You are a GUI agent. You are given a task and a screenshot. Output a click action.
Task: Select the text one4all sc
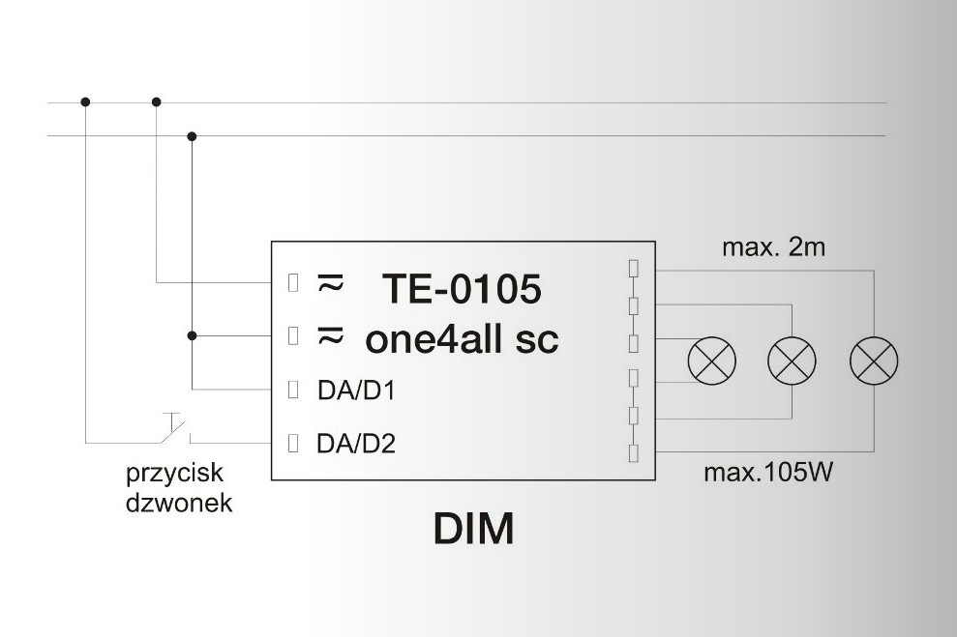click(x=462, y=339)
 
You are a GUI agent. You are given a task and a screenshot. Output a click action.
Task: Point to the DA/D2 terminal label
click(x=355, y=445)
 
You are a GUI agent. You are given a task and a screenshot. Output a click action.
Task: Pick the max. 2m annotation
click(x=773, y=248)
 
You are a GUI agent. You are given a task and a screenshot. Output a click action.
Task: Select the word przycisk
click(x=175, y=475)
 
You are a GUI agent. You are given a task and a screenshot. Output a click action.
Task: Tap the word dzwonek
click(x=179, y=503)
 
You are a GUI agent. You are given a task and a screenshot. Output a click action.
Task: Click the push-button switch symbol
click(x=174, y=429)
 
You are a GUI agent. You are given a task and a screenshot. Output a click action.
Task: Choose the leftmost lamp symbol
click(x=711, y=362)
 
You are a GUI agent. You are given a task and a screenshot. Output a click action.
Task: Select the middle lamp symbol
click(x=793, y=362)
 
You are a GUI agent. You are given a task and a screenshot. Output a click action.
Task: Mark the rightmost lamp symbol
click(x=874, y=362)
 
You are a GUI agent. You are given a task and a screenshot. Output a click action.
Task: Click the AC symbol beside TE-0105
click(x=331, y=282)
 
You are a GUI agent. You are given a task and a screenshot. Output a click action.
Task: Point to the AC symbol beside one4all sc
click(x=331, y=335)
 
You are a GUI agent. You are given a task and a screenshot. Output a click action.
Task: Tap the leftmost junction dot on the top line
click(x=85, y=101)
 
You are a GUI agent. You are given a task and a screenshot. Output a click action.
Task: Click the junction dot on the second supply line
click(x=192, y=135)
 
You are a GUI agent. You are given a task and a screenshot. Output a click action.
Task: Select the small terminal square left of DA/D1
click(x=294, y=391)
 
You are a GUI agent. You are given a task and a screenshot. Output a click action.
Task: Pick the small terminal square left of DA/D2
click(x=294, y=444)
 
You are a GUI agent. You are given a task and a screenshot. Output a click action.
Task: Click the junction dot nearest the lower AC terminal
click(x=192, y=335)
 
